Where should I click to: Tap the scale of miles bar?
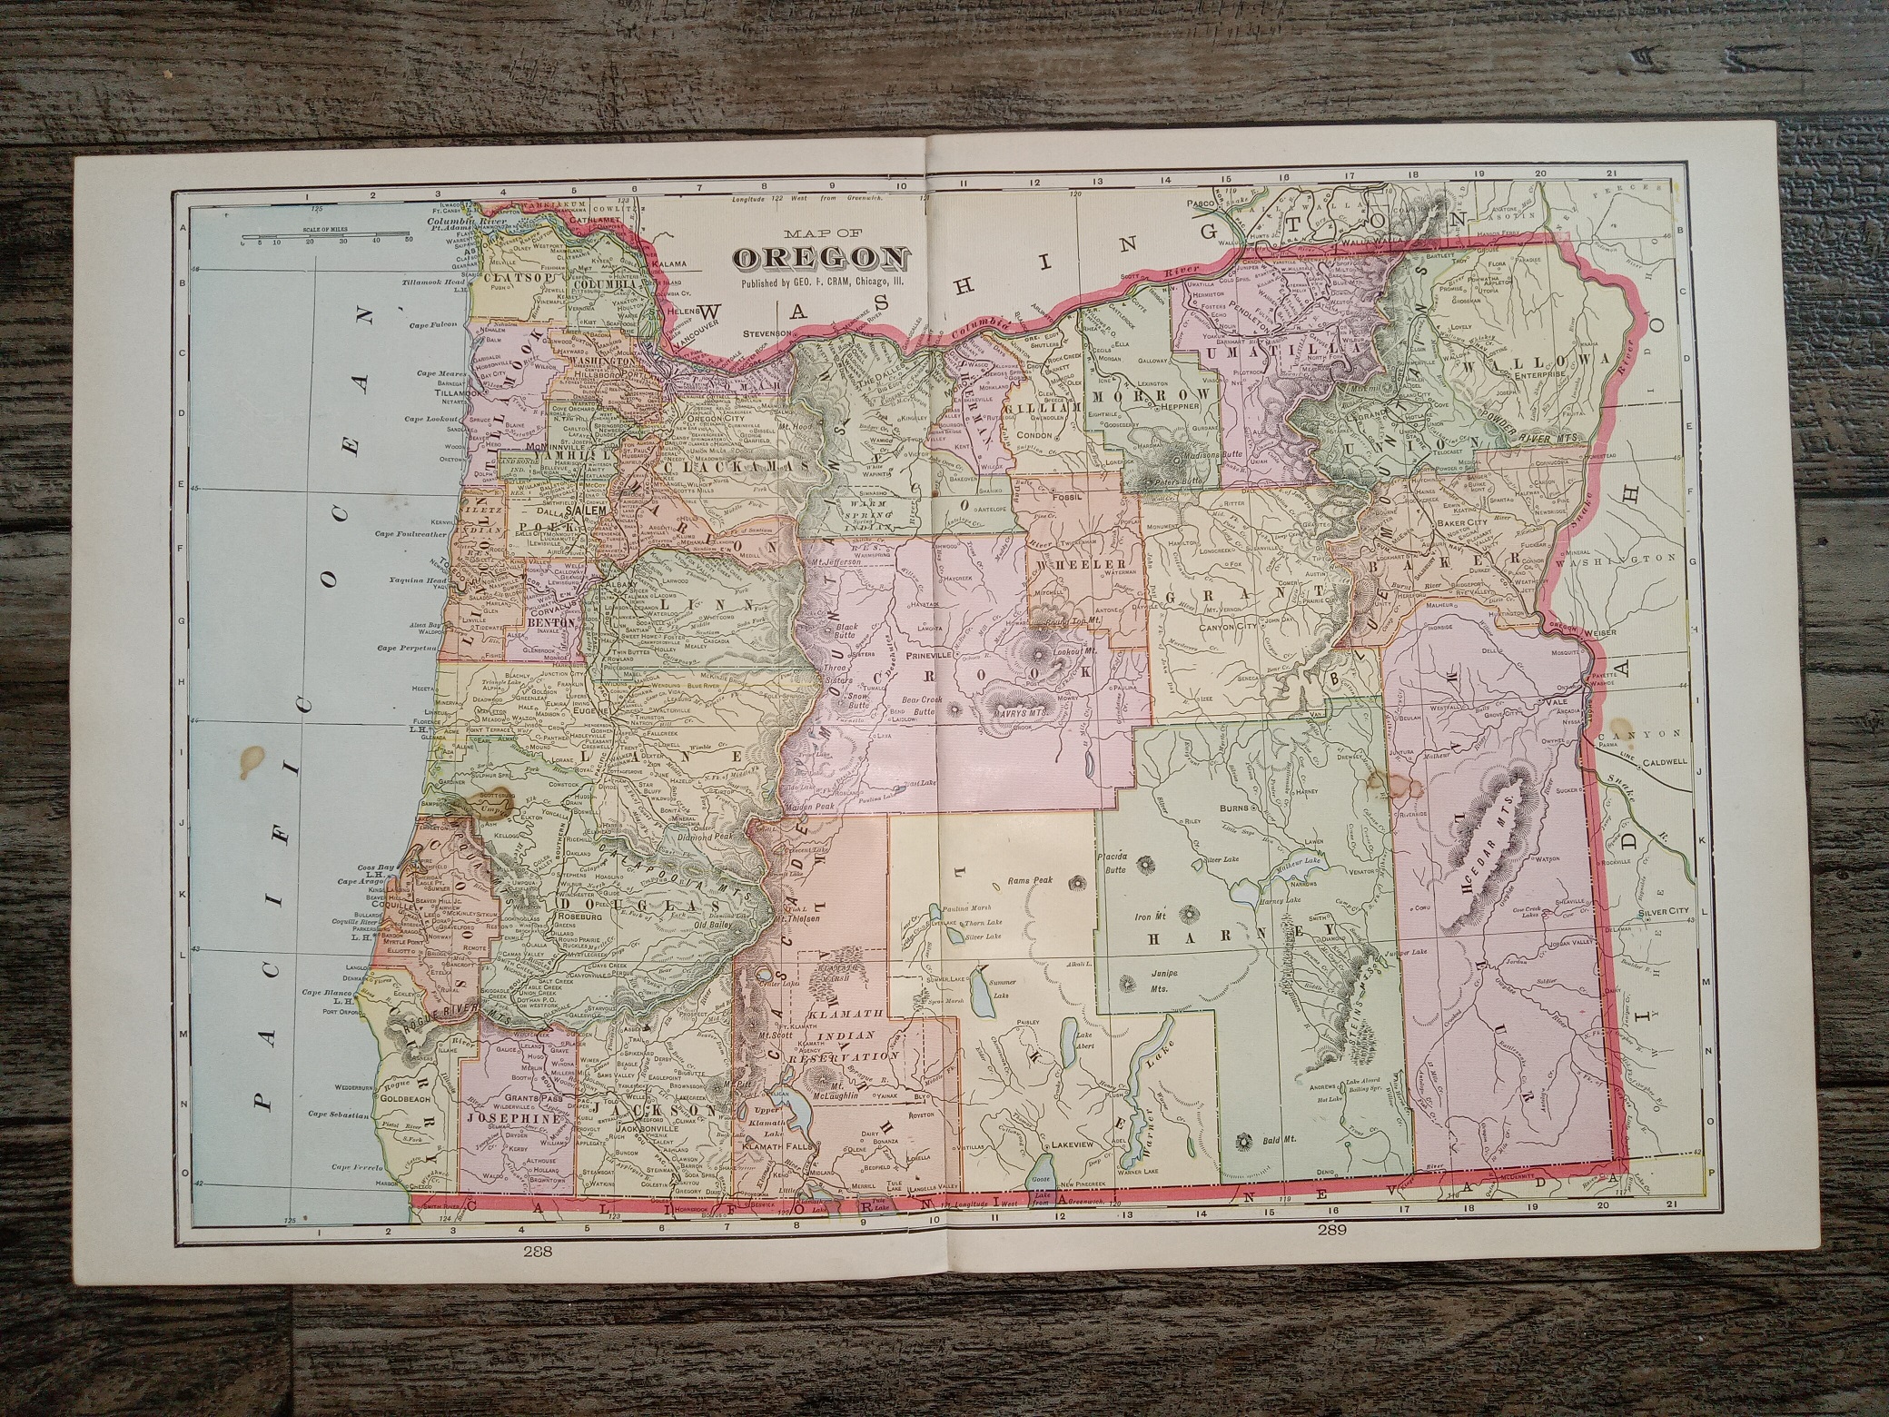click(324, 243)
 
